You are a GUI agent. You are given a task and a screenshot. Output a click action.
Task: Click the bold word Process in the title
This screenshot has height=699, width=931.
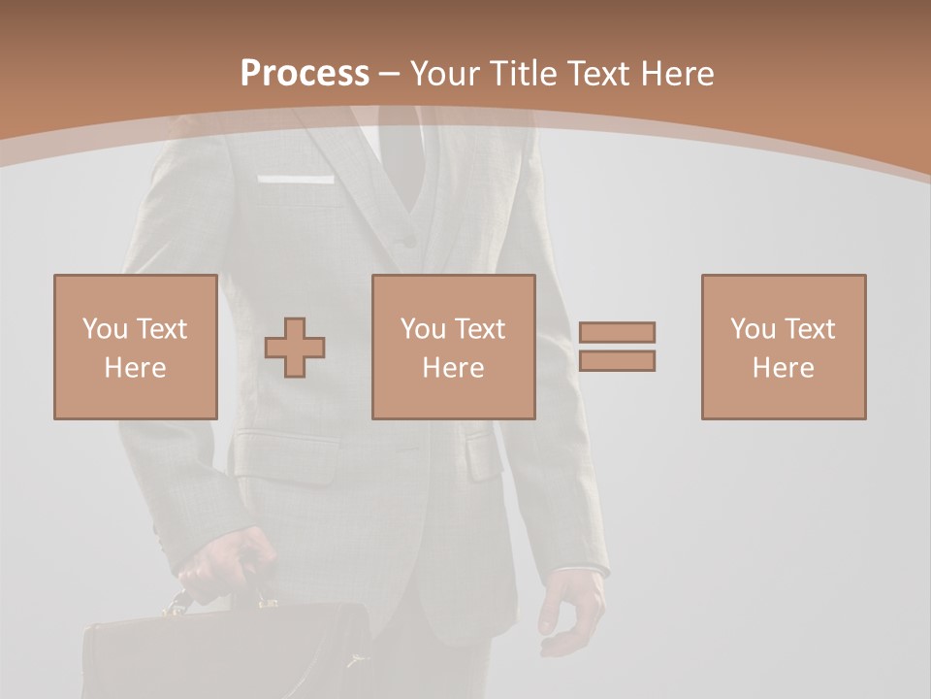coord(305,74)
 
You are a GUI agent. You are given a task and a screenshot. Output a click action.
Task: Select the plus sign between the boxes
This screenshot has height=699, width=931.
coord(295,348)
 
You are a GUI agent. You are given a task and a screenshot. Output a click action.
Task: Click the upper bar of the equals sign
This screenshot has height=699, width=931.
coord(617,332)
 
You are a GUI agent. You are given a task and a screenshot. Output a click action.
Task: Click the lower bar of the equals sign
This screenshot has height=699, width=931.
coord(617,361)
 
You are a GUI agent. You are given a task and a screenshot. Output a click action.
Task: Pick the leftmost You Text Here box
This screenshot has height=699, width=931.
coord(135,347)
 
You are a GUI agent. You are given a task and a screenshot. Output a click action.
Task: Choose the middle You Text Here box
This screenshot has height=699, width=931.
coord(453,347)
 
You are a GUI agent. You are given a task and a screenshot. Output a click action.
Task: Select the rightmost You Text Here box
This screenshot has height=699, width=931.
coord(783,347)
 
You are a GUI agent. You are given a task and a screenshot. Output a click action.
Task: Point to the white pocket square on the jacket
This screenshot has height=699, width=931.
coord(296,180)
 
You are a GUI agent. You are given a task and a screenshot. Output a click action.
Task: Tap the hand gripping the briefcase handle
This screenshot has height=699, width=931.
coord(225,563)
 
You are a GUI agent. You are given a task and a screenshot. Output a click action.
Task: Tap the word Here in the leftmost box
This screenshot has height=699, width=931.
coord(135,368)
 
